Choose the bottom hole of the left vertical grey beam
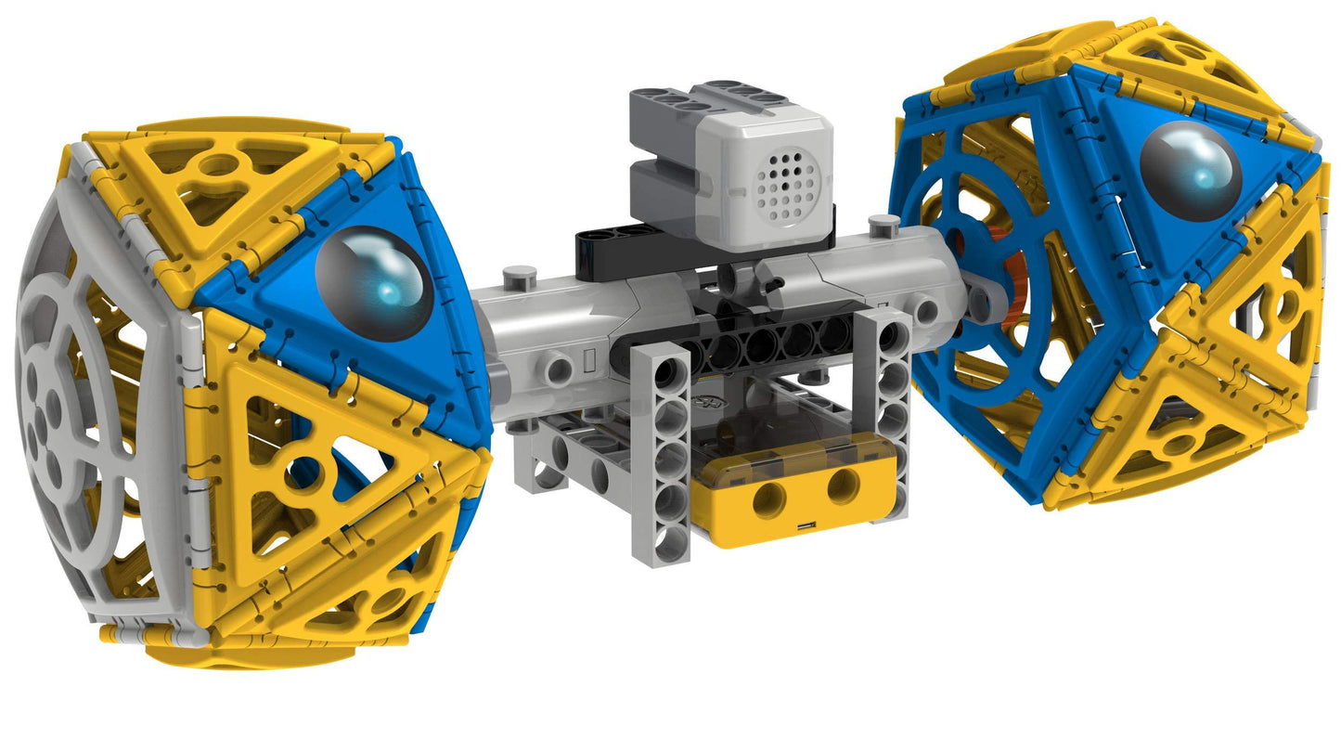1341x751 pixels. click(671, 541)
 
